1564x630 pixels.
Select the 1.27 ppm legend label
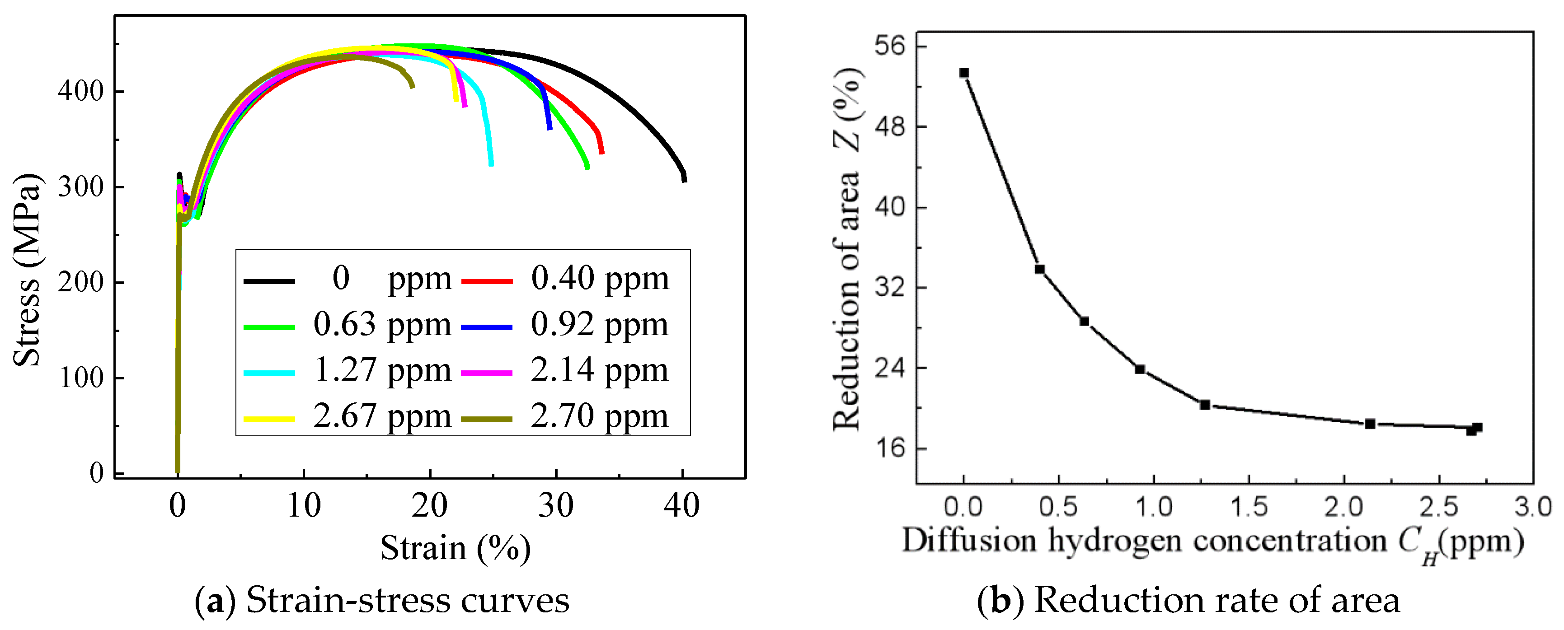click(x=382, y=370)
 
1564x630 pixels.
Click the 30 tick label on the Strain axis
click(x=555, y=505)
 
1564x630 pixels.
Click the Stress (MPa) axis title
click(x=27, y=270)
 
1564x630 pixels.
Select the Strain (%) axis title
click(x=456, y=548)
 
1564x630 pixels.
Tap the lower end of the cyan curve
click(x=491, y=164)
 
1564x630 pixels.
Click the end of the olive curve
click(x=413, y=86)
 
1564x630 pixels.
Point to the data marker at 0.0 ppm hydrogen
click(x=963, y=73)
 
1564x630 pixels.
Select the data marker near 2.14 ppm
click(x=1370, y=424)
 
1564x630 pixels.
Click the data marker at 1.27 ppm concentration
click(x=1205, y=405)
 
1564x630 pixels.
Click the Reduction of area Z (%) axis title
click(x=847, y=249)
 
